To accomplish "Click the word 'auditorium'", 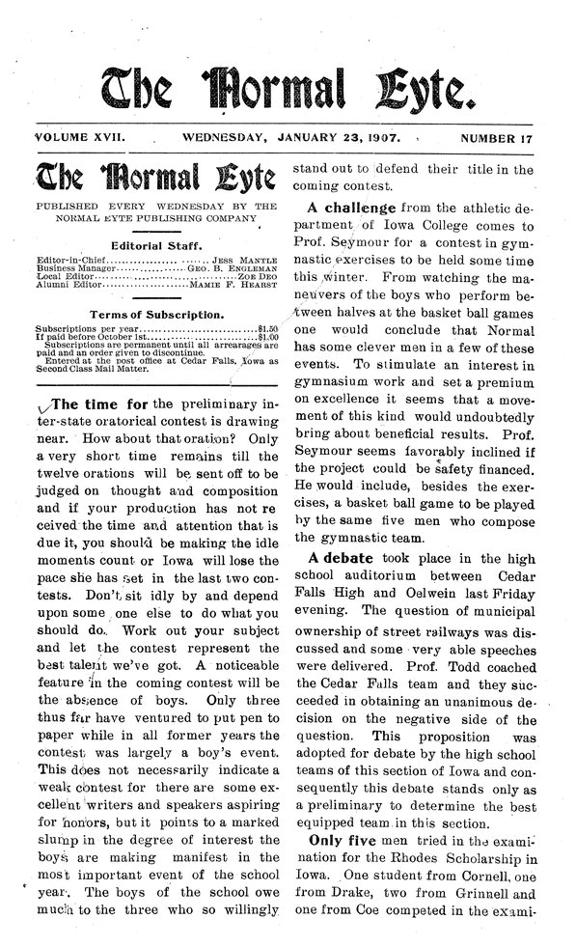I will tap(379, 580).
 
